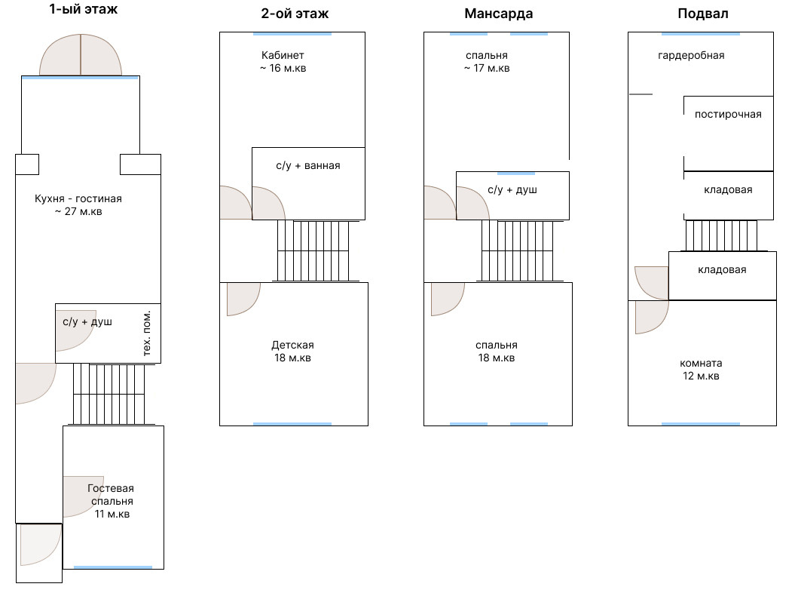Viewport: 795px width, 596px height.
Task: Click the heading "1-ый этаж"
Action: pyautogui.click(x=84, y=10)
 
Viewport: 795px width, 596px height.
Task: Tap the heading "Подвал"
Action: pyautogui.click(x=702, y=14)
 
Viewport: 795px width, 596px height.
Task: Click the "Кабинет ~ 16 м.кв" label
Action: pyautogui.click(x=283, y=62)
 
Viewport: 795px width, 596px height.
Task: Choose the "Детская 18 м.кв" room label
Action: pyautogui.click(x=292, y=352)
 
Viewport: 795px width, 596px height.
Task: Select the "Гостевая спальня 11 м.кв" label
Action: pyautogui.click(x=112, y=501)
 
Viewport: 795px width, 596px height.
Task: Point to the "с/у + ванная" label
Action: pyautogui.click(x=307, y=166)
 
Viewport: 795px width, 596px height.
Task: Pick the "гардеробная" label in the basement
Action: pyautogui.click(x=691, y=56)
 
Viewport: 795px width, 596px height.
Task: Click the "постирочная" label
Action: pyautogui.click(x=728, y=115)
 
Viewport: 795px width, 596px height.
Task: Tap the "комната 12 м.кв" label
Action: pyautogui.click(x=701, y=369)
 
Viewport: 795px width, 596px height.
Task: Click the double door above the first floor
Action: pyautogui.click(x=81, y=57)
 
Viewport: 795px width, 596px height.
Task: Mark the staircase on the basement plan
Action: pyautogui.click(x=721, y=235)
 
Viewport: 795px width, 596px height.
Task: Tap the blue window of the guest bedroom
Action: pyautogui.click(x=113, y=567)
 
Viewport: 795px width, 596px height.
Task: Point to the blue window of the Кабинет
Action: pyautogui.click(x=292, y=33)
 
